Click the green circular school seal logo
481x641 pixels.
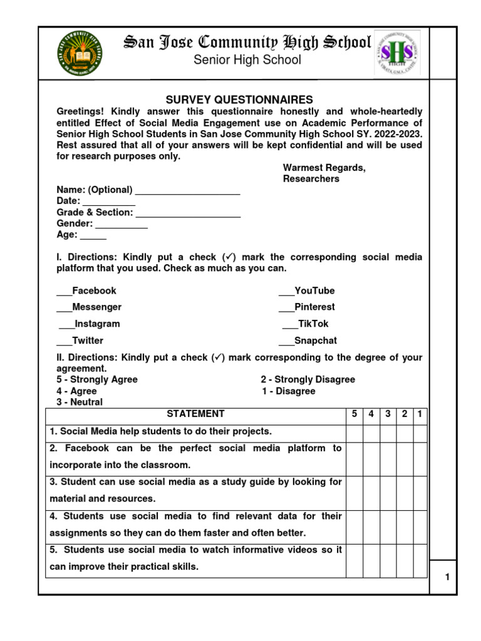tap(80, 53)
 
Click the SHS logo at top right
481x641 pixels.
tap(397, 53)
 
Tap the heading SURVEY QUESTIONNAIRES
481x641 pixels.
tap(239, 100)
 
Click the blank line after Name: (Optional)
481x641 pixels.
tap(188, 191)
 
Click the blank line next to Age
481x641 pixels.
tap(93, 236)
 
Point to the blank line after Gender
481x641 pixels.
tap(122, 225)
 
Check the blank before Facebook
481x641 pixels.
tap(64, 292)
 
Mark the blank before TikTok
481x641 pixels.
tap(290, 325)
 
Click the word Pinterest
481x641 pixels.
tap(314, 307)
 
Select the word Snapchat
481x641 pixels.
tap(316, 341)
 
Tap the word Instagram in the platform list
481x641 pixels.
tap(97, 324)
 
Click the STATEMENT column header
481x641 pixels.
tap(195, 414)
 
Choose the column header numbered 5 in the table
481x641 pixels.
tap(354, 414)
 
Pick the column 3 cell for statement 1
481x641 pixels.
tap(388, 432)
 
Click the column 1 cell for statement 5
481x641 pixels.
tap(420, 559)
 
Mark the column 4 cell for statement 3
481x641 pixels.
tap(371, 491)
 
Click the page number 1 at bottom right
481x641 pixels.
tap(448, 578)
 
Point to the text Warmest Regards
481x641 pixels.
tap(324, 168)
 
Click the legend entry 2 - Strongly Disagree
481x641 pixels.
tap(308, 380)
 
